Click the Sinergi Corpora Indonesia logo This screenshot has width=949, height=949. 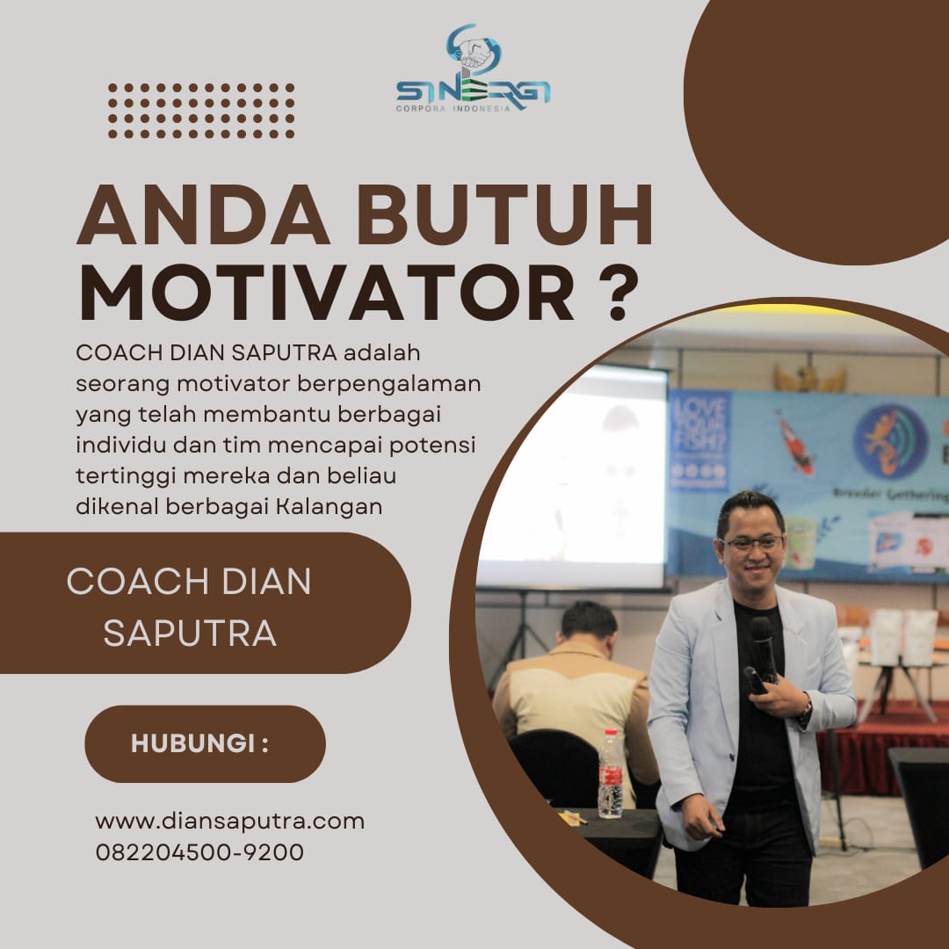coord(473,69)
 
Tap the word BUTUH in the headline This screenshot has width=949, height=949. coord(505,215)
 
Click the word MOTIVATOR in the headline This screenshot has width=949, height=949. coord(328,293)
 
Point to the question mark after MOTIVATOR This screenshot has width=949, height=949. coord(618,293)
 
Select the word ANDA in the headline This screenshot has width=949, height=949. coord(203,215)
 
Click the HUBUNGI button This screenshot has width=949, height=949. coord(205,744)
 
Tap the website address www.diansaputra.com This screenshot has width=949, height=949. coord(230,822)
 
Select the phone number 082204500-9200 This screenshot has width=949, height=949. coord(199,852)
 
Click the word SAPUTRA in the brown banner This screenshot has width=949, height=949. coord(190,634)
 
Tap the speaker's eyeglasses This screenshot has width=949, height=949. coord(751,543)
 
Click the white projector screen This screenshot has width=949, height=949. coord(573,476)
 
